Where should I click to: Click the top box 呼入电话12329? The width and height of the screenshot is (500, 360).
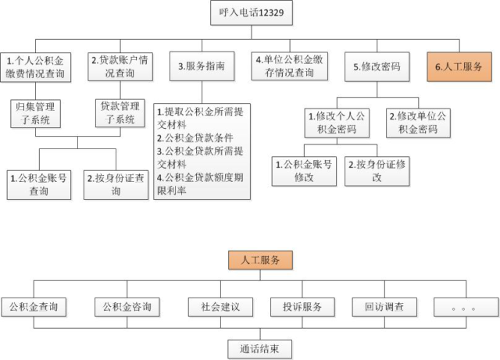(x=252, y=12)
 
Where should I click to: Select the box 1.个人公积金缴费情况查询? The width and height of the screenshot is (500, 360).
(x=35, y=67)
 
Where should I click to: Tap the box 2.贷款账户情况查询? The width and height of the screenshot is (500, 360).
(x=120, y=66)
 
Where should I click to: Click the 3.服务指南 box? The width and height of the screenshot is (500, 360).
(x=202, y=66)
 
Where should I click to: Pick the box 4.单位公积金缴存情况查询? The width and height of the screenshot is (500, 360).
(x=290, y=66)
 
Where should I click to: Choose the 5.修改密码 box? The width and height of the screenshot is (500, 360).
(x=377, y=67)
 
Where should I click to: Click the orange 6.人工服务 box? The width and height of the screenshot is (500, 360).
(x=459, y=67)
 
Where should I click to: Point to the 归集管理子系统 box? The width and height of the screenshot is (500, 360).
(x=35, y=113)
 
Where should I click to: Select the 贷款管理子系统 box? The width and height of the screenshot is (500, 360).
(x=120, y=113)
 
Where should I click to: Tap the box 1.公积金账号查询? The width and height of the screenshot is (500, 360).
(x=39, y=185)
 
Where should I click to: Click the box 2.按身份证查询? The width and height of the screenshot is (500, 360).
(x=116, y=185)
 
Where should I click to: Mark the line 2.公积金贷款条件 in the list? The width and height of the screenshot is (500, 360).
(x=195, y=137)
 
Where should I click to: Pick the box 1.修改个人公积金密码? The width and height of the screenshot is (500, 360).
(x=337, y=123)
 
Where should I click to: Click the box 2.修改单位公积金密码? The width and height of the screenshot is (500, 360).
(x=419, y=123)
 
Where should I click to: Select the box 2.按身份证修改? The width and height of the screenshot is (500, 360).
(x=377, y=171)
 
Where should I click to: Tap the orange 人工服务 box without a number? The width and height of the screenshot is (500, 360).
(x=260, y=260)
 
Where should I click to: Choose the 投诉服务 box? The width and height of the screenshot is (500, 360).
(x=302, y=307)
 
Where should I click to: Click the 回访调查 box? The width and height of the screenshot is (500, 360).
(x=384, y=307)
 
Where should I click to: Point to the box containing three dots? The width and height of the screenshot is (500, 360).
(x=466, y=307)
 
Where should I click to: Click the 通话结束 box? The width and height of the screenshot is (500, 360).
(x=260, y=349)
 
